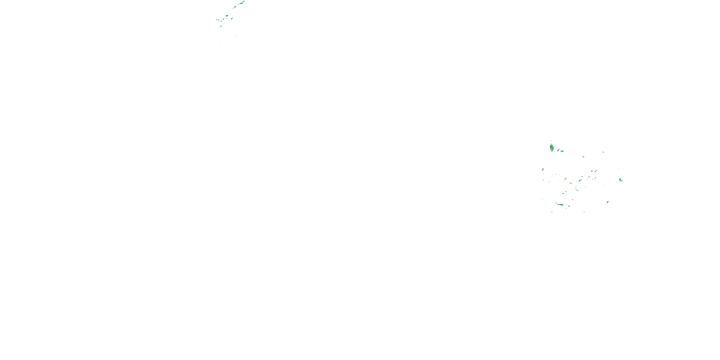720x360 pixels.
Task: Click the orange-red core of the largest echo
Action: (x=552, y=147)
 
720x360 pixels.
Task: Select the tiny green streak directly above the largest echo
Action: (x=551, y=140)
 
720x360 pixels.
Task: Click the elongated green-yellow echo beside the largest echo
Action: (x=558, y=150)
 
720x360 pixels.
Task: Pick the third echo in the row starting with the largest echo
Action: (x=562, y=151)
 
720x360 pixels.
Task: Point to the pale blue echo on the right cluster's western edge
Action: (x=543, y=169)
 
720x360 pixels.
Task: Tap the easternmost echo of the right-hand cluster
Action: (x=620, y=180)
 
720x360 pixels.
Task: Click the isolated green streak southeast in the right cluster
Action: (x=608, y=202)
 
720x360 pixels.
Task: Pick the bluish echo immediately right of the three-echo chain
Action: (x=569, y=206)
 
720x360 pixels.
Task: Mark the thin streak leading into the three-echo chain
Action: (x=557, y=203)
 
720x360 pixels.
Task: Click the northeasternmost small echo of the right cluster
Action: (x=603, y=152)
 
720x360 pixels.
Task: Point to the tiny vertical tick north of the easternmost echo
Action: (x=619, y=168)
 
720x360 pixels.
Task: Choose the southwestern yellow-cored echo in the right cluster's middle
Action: (x=570, y=183)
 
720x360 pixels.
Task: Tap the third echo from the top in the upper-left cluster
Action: (x=234, y=7)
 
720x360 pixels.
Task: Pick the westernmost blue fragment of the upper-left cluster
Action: (x=217, y=20)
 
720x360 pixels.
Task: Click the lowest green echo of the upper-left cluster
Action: (x=221, y=26)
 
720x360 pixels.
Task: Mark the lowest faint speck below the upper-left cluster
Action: (x=220, y=46)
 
